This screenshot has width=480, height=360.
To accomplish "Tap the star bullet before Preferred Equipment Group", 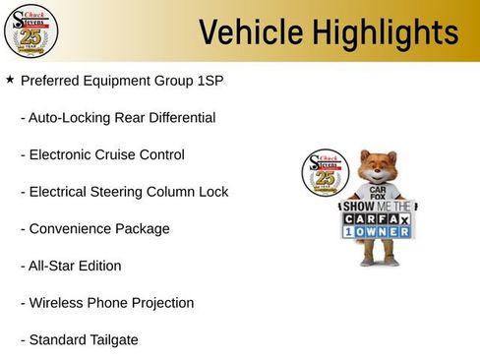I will (10, 80).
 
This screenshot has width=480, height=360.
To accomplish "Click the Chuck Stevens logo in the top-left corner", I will (30, 31).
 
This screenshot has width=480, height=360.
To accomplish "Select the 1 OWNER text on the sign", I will (379, 233).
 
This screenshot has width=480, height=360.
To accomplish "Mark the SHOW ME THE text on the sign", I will (379, 208).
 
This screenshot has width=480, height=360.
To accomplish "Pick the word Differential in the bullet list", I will (180, 118).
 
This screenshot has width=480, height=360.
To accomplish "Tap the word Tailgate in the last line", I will (110, 339).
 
